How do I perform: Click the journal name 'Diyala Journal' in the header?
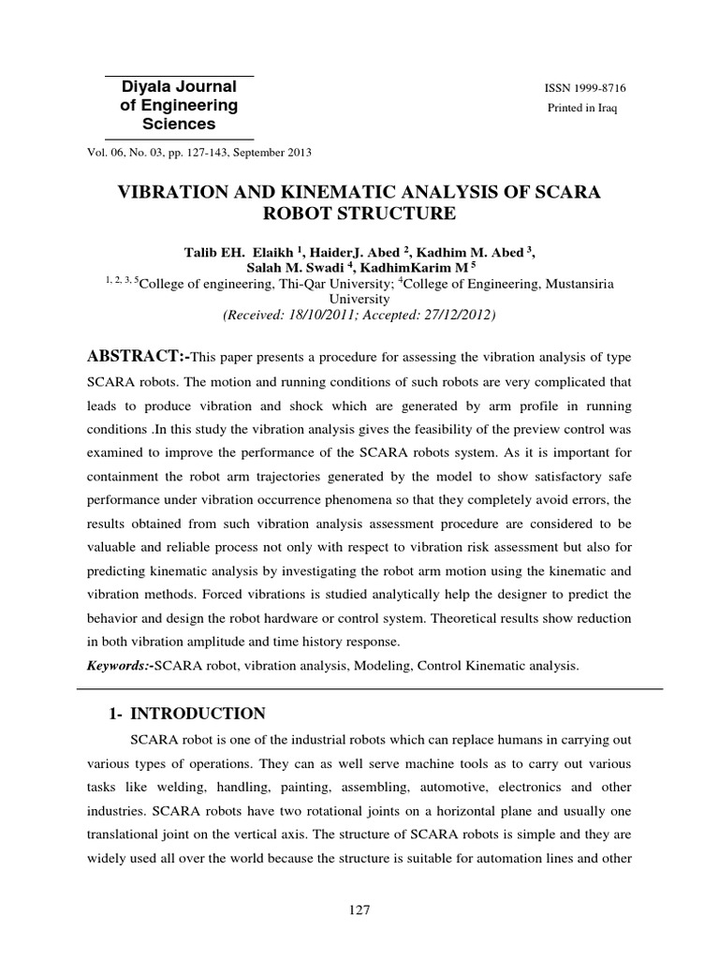point(179,87)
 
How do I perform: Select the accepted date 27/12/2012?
point(457,315)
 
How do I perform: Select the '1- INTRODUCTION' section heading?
point(188,714)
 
